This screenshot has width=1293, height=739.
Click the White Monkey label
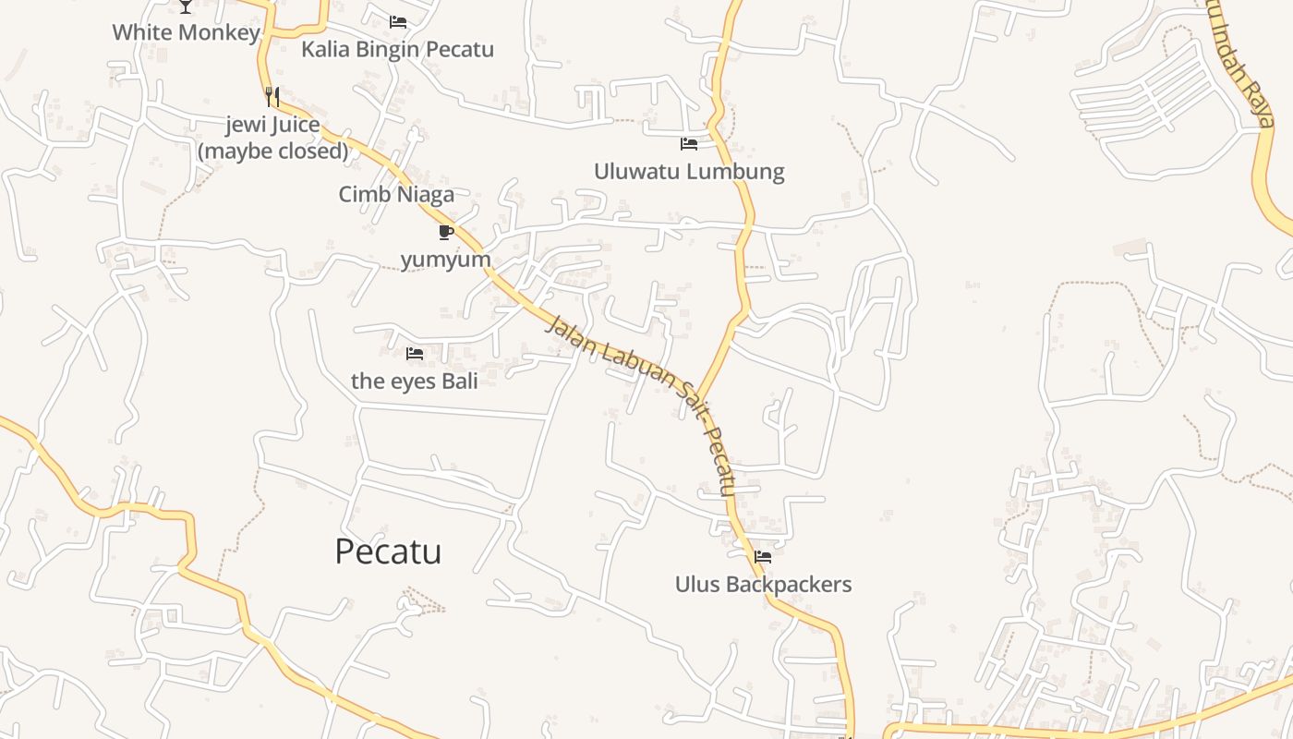pos(186,32)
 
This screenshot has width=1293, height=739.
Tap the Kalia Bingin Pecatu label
pos(397,49)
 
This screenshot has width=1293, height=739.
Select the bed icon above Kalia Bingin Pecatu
pos(398,21)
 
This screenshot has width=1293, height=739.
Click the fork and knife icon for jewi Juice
pos(272,96)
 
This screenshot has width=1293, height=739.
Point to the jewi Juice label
pos(273,125)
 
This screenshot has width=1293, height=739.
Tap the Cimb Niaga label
pos(396,194)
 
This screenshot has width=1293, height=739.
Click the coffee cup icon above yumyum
pos(445,231)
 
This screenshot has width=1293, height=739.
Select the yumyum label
pos(445,260)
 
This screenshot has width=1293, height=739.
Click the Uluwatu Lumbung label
pos(689,171)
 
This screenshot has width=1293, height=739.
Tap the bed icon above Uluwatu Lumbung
pos(689,143)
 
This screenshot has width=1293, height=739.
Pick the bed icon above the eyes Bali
pos(415,353)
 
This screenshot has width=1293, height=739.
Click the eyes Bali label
pos(415,381)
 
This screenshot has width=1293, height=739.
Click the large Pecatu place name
pos(388,551)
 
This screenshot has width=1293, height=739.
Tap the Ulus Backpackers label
pos(763,584)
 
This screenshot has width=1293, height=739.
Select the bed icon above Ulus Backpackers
pos(763,556)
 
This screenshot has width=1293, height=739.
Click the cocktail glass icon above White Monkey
pos(186,6)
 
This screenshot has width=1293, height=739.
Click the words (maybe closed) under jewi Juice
pos(273,151)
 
